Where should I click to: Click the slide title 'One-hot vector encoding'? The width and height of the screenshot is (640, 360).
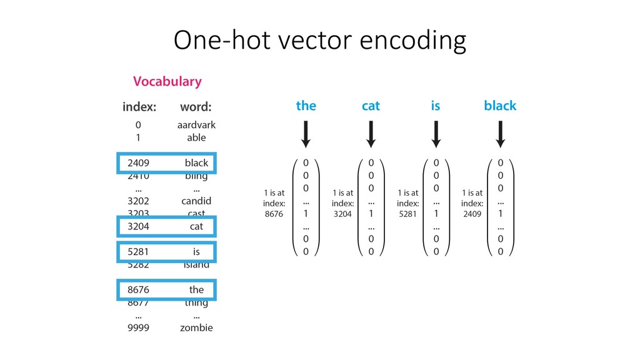(x=319, y=41)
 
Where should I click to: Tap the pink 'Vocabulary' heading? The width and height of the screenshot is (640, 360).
(x=167, y=81)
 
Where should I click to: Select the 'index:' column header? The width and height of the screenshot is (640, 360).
(x=139, y=107)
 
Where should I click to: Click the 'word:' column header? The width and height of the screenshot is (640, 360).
(x=196, y=107)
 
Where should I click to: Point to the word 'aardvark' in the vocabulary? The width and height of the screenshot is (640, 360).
(x=196, y=125)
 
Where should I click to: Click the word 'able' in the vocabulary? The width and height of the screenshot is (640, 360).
(x=196, y=137)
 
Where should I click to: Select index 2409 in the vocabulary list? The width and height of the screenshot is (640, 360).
(x=139, y=163)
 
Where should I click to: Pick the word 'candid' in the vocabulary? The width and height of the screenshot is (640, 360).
(x=196, y=201)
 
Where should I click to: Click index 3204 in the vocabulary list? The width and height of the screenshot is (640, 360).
(x=139, y=226)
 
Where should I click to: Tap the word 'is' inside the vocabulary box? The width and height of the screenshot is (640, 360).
(x=196, y=252)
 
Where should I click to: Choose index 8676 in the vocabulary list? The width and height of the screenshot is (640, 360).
(x=139, y=289)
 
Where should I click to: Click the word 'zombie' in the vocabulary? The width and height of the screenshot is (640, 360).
(x=196, y=327)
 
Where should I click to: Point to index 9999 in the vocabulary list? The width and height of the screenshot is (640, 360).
(x=139, y=327)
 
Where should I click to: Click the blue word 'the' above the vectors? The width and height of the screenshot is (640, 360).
(x=306, y=106)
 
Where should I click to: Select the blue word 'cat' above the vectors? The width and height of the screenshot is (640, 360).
(x=371, y=106)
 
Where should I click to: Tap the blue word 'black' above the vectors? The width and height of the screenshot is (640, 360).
(x=500, y=106)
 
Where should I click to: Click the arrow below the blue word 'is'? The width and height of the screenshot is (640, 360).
(x=436, y=134)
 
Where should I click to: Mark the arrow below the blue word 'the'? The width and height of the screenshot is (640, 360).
(x=306, y=134)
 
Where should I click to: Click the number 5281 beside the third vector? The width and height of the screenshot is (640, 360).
(x=408, y=214)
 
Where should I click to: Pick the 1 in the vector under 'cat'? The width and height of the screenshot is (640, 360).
(x=371, y=213)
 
